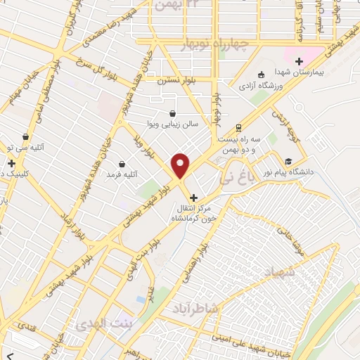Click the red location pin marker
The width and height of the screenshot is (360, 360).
point(181,165)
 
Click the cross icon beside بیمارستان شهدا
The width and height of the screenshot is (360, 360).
point(300,61)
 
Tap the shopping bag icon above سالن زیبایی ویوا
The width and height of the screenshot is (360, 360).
point(173,112)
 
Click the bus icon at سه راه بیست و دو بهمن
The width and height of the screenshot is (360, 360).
point(239,127)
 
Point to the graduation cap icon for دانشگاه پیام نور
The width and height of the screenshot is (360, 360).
point(288,160)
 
